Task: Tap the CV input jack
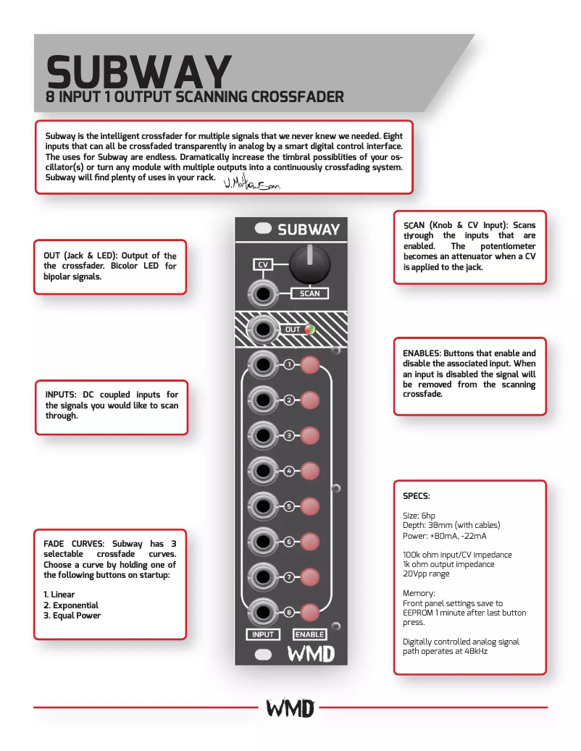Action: [x=262, y=294]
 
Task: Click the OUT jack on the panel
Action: [x=262, y=330]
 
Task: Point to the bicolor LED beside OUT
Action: [x=309, y=330]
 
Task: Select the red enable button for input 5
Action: [x=310, y=506]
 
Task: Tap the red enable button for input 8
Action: [x=310, y=612]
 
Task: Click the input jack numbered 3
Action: [x=262, y=435]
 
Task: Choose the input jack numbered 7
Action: [x=262, y=577]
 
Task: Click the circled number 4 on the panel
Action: [x=289, y=471]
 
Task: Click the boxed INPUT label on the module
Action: [x=263, y=634]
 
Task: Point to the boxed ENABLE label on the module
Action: [x=310, y=634]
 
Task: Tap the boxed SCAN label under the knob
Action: [x=309, y=293]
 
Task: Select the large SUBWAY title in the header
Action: [x=138, y=72]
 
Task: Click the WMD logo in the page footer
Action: [x=290, y=708]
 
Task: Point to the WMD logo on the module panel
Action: [x=311, y=654]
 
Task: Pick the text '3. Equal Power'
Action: [x=72, y=616]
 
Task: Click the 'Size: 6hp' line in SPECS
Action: [x=419, y=515]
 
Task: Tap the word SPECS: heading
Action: [x=416, y=496]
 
